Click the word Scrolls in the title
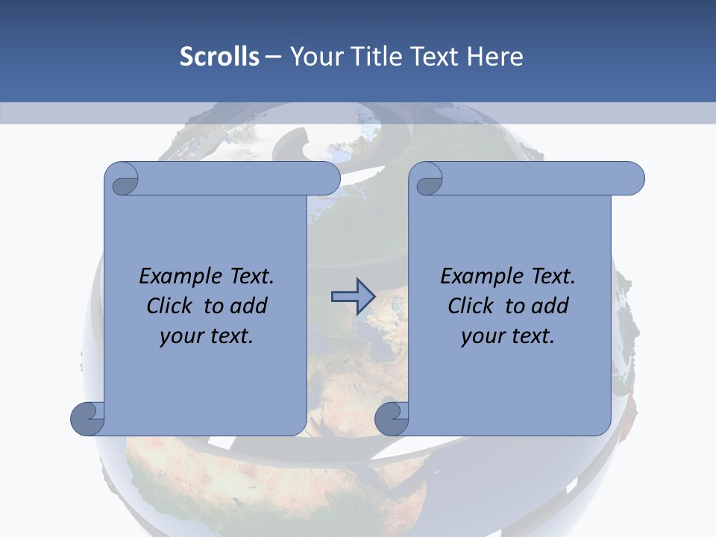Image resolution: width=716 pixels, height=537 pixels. (219, 57)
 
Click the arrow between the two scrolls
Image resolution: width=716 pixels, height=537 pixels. (353, 296)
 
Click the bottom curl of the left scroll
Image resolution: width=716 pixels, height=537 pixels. (88, 418)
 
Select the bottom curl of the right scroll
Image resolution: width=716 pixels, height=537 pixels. (392, 418)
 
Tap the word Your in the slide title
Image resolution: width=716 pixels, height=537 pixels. (313, 57)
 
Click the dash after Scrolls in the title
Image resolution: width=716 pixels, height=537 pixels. (273, 57)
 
